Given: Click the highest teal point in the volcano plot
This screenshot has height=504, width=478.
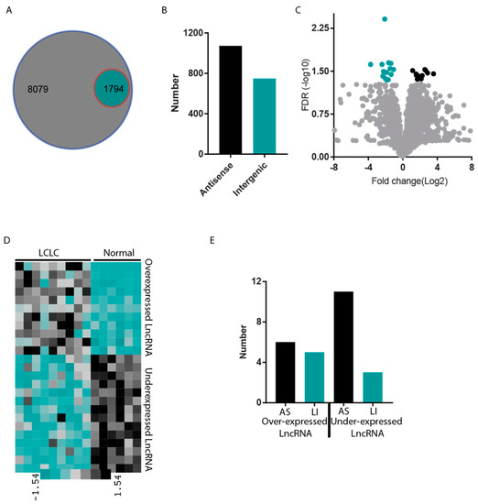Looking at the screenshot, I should [x=385, y=18].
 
